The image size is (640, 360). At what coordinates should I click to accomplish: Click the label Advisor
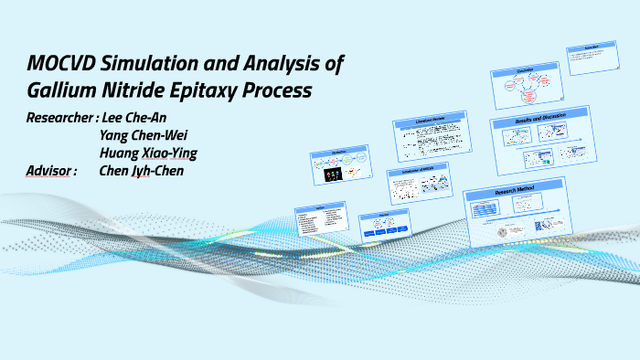[51, 170]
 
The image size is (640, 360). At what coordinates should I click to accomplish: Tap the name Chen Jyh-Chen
[147, 170]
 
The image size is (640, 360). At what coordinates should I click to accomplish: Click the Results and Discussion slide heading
[536, 117]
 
